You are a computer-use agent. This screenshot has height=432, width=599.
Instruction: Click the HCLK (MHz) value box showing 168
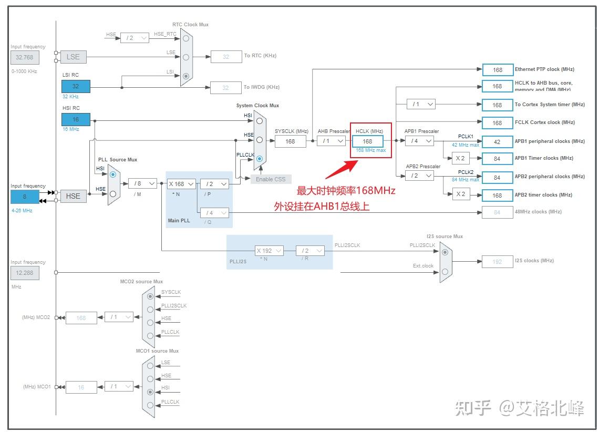click(367, 141)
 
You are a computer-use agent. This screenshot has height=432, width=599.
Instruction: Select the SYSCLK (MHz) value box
click(290, 141)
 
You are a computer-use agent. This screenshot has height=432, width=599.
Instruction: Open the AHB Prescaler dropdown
click(331, 141)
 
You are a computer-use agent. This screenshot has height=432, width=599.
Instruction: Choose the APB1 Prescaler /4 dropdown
click(419, 141)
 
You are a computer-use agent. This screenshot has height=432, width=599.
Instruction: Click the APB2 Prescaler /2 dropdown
click(419, 176)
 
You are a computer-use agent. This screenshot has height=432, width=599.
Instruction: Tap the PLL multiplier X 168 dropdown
click(181, 184)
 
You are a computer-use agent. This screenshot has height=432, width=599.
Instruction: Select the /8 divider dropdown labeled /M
click(142, 183)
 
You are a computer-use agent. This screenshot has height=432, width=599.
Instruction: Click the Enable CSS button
click(271, 179)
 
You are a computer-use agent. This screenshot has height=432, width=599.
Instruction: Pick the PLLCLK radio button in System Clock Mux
click(259, 158)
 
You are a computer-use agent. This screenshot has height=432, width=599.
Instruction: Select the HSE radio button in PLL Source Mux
click(112, 193)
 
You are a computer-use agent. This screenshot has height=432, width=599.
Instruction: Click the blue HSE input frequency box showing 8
click(24, 197)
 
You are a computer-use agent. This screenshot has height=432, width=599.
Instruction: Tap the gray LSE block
click(73, 57)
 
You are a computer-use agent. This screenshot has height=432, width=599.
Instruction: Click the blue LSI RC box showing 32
click(76, 86)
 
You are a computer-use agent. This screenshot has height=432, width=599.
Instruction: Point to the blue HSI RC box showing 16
click(76, 119)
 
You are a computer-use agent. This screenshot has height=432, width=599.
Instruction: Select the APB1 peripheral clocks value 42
click(497, 141)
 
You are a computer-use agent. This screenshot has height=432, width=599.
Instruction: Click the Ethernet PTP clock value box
click(497, 69)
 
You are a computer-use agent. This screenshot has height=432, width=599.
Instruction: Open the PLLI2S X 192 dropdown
click(270, 251)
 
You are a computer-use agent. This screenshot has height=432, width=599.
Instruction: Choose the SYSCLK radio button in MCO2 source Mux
click(151, 296)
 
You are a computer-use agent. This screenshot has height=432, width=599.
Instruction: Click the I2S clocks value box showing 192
click(497, 261)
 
